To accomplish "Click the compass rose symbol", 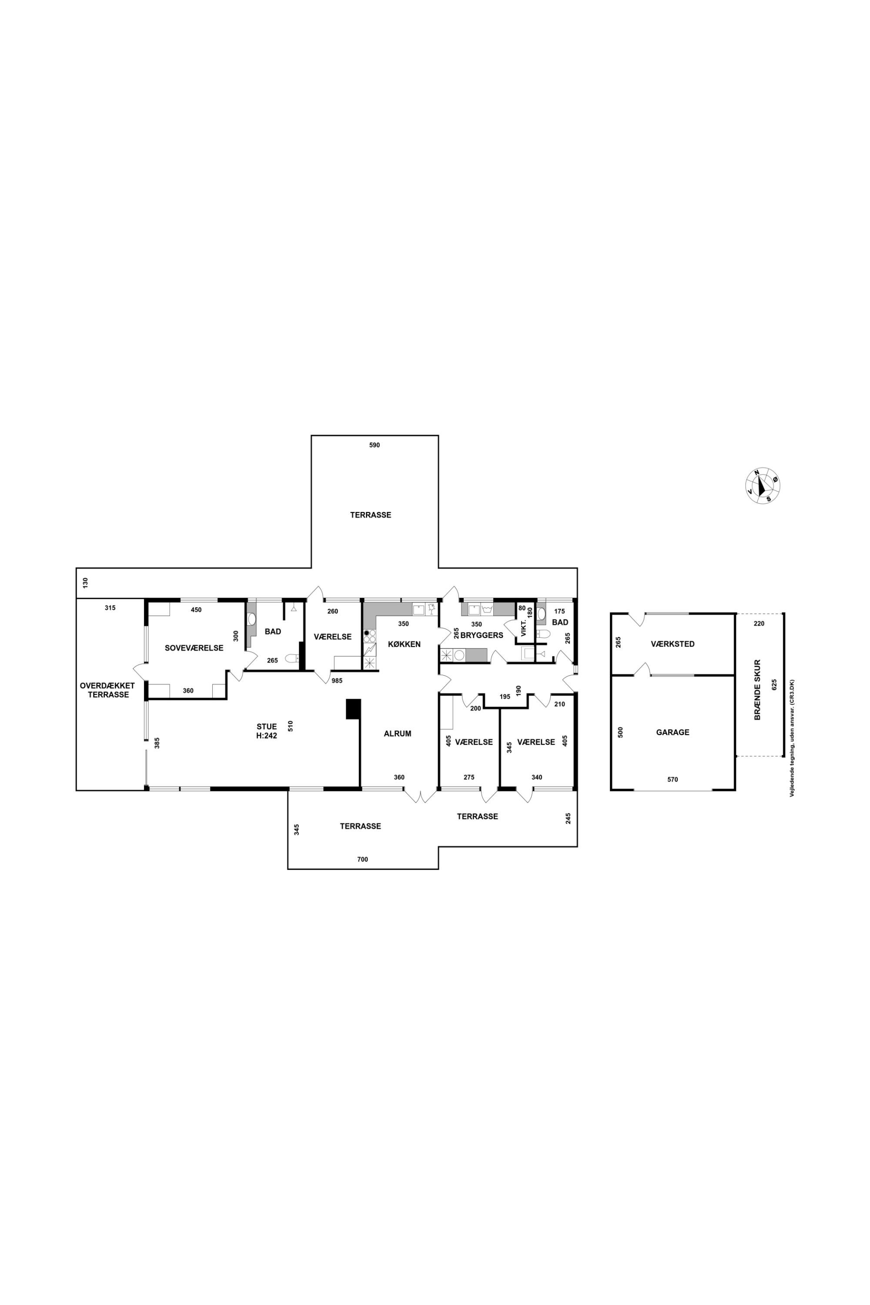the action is [x=763, y=485].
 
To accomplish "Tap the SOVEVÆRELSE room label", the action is [x=194, y=648].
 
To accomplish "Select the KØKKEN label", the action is [x=404, y=644].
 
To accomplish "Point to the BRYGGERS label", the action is [x=482, y=635].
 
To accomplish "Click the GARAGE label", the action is [x=673, y=733].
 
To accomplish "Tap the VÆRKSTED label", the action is [x=673, y=644].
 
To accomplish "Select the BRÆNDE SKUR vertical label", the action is [x=757, y=689].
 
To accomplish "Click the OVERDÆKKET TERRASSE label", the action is [x=107, y=690].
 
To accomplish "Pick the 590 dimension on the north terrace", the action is [x=375, y=445].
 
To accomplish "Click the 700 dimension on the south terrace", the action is [x=362, y=860].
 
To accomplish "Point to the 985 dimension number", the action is [x=337, y=681].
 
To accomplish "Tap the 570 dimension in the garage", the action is [x=673, y=780].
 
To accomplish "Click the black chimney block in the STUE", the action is [x=353, y=709].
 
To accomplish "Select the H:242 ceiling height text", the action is [x=266, y=736].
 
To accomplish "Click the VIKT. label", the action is [x=523, y=630].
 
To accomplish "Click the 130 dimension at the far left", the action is [x=85, y=583].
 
